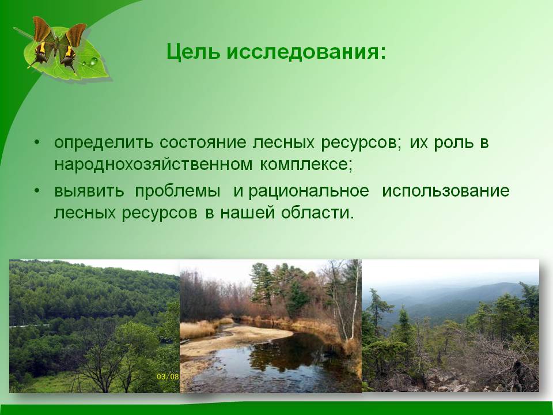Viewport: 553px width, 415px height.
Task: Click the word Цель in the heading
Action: point(194,52)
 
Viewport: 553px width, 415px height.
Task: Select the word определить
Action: point(104,143)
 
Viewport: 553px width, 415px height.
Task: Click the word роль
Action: point(453,143)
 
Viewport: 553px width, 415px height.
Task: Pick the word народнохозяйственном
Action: point(153,164)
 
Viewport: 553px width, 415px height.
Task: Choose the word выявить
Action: point(89,191)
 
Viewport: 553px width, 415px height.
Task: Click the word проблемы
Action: point(177,191)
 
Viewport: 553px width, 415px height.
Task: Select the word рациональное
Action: point(309,191)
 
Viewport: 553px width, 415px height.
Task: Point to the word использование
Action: point(446,191)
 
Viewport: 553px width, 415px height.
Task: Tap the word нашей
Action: point(247,213)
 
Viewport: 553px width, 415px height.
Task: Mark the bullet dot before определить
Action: point(37,142)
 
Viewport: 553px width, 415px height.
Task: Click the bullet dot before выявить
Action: point(37,191)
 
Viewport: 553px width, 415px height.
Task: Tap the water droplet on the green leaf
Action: point(93,62)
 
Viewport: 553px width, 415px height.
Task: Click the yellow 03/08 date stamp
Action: point(168,376)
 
